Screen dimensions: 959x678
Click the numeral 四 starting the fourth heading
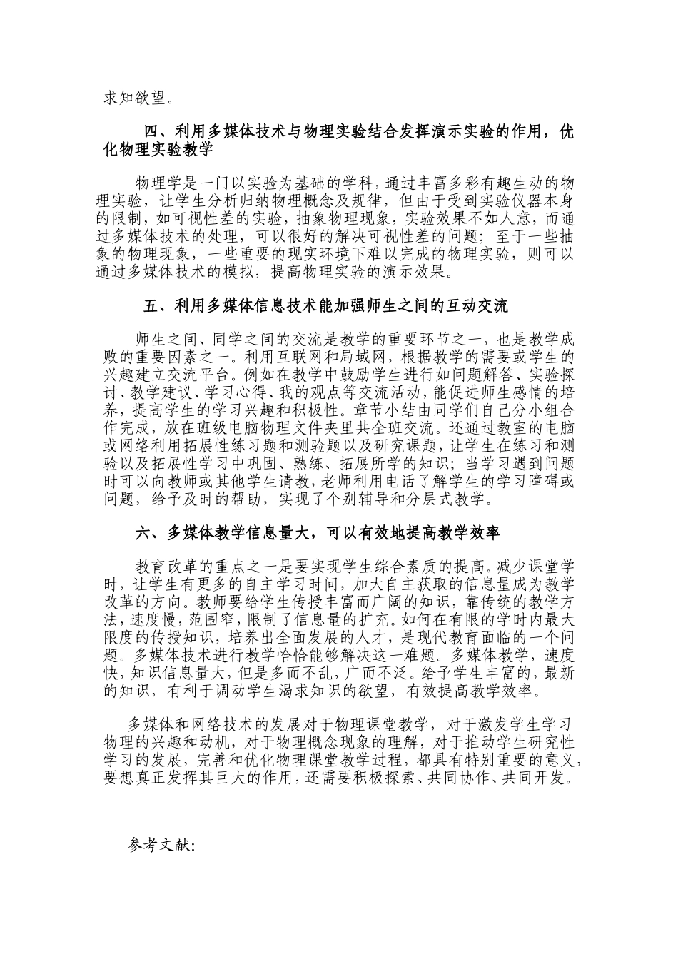click(152, 133)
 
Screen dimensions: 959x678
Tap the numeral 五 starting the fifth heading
click(151, 306)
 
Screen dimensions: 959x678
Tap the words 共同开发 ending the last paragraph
click(540, 777)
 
